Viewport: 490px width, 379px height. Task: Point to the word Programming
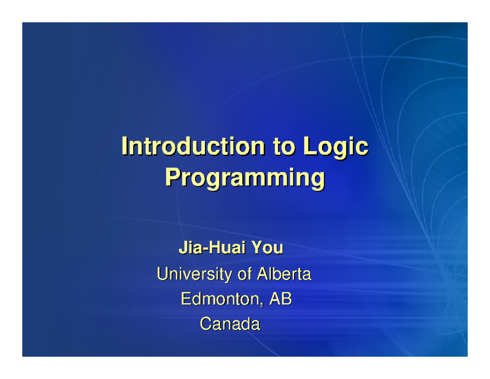245,178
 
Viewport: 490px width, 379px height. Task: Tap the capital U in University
162,274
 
